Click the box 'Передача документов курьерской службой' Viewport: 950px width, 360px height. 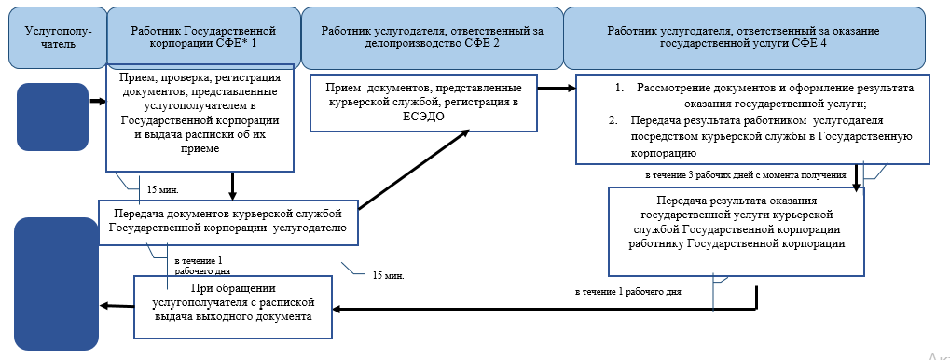pos(228,220)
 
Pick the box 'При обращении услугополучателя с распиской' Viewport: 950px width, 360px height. pos(234,303)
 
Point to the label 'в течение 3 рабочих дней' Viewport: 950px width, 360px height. pos(745,174)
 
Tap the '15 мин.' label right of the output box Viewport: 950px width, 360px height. pos(387,276)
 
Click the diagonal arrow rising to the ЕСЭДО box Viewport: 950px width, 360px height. pos(415,168)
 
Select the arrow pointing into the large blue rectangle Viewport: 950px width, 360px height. pos(117,305)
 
